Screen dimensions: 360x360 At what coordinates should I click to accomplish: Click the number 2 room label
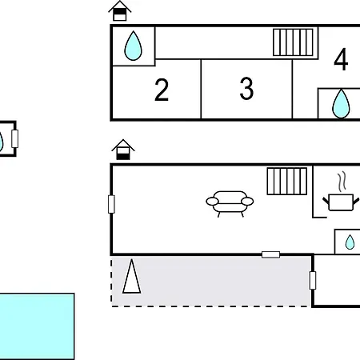tap(162, 90)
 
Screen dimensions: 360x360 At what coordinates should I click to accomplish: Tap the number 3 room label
tap(246, 89)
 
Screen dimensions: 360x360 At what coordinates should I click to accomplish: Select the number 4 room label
tap(341, 59)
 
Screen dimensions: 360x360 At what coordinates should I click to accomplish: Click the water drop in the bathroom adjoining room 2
tap(133, 46)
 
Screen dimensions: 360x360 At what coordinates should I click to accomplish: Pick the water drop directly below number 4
tap(341, 103)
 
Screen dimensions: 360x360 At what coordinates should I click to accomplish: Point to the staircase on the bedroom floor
tap(293, 42)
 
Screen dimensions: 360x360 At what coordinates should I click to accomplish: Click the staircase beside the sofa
tap(287, 182)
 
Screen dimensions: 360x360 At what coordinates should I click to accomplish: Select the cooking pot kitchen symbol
tap(341, 202)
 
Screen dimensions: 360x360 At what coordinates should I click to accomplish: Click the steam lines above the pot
tap(342, 182)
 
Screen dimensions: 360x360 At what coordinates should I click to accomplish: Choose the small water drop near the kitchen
tap(350, 242)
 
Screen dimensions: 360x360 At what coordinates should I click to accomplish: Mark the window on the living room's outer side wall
tap(111, 204)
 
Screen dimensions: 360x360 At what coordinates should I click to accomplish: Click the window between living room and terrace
tap(270, 254)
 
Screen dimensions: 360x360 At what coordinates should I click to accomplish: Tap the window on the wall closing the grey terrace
tap(313, 280)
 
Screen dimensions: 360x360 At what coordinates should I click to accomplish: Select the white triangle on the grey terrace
tap(132, 277)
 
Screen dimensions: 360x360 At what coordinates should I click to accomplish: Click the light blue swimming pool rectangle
tap(37, 326)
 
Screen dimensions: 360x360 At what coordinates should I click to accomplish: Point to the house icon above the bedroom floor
tap(120, 10)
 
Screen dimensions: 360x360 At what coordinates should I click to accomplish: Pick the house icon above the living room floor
tap(123, 150)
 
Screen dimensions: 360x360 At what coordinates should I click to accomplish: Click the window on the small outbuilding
tap(15, 138)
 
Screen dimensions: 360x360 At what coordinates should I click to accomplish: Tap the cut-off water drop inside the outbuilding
tap(2, 142)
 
